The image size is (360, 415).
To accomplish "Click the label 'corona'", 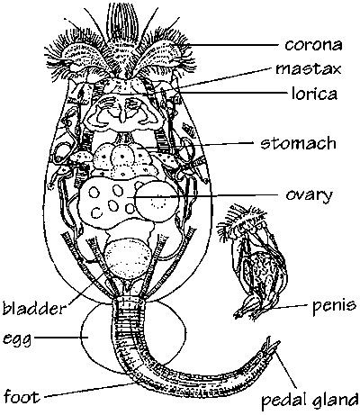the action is point(313,45).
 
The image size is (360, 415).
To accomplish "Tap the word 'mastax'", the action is point(309,69).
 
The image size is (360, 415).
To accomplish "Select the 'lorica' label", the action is point(314,94).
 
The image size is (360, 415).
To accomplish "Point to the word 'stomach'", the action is point(298,143).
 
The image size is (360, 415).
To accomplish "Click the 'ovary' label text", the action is point(310,196).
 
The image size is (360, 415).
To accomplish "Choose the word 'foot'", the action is point(22,396).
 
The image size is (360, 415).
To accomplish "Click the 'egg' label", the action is point(17,340).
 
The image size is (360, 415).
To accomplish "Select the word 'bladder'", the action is point(33,307).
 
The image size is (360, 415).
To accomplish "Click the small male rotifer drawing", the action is point(253,262).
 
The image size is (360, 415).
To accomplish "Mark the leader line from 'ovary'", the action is point(206,196).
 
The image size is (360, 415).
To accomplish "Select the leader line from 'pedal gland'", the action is point(286,369).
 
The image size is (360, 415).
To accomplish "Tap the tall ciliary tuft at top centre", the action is point(121,21).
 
